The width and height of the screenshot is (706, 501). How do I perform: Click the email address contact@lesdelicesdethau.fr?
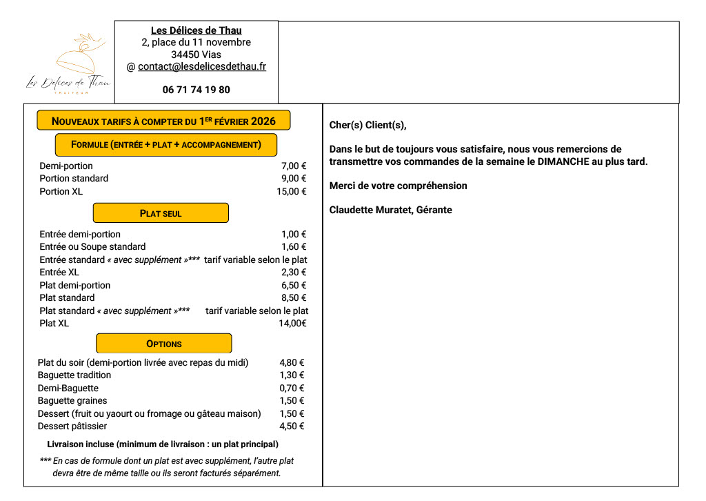(x=202, y=67)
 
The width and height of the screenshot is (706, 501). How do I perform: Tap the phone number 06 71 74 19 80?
(x=196, y=90)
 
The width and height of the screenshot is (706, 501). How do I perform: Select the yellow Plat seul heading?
(x=161, y=213)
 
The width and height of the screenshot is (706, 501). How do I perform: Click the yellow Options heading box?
(x=164, y=344)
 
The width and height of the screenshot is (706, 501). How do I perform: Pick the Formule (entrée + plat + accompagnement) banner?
(x=166, y=145)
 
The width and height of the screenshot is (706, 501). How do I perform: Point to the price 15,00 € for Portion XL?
(x=291, y=191)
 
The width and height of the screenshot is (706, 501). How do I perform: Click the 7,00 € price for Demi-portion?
(x=294, y=166)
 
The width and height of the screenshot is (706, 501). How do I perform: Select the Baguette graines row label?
(x=72, y=401)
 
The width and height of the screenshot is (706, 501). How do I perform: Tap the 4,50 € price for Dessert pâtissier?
(x=292, y=426)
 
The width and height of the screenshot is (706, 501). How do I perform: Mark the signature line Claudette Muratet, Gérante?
(x=391, y=210)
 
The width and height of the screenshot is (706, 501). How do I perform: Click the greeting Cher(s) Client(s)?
(x=368, y=125)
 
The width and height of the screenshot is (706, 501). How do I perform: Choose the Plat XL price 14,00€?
(x=292, y=324)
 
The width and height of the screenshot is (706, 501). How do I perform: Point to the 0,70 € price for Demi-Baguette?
(x=292, y=389)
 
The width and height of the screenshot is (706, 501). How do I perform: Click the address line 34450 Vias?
(x=196, y=55)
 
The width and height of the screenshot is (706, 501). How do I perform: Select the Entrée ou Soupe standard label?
(x=92, y=247)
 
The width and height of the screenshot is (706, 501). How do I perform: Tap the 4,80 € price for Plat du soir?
(x=292, y=362)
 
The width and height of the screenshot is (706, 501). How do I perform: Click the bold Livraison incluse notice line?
(x=163, y=444)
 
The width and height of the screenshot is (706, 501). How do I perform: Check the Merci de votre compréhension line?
(x=398, y=186)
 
